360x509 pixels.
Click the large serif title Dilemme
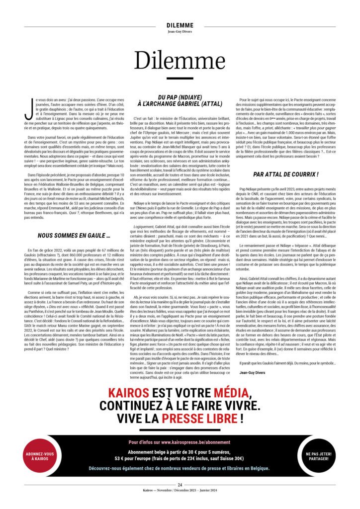coord(180,60)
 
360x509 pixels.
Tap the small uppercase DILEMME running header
coord(180,25)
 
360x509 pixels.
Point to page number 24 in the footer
coord(180,485)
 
